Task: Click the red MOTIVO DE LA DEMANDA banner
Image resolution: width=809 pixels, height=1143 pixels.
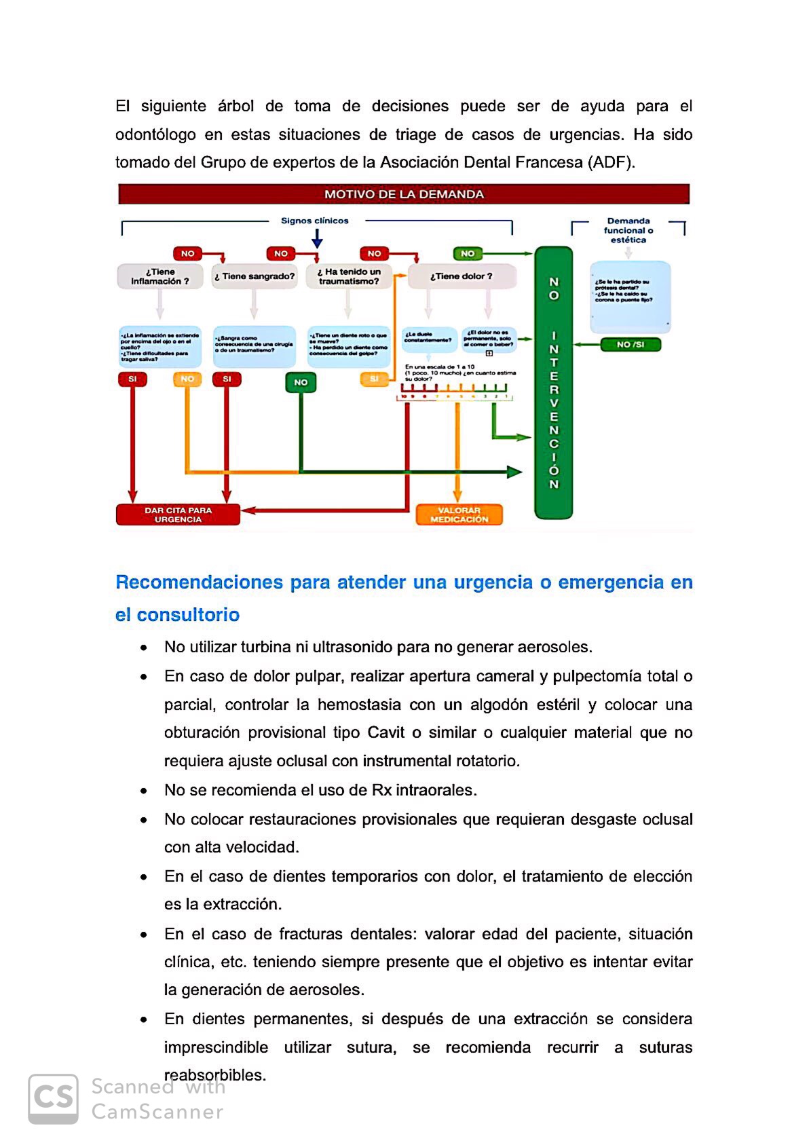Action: click(404, 194)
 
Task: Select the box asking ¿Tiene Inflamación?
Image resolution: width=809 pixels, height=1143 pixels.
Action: click(159, 276)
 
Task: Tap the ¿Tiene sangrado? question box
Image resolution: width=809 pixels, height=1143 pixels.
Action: click(255, 276)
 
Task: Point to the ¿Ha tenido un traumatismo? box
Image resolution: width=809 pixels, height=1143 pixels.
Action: click(349, 276)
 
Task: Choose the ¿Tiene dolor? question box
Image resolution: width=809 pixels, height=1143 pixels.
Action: click(462, 276)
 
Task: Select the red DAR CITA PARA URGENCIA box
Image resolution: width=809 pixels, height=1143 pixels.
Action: click(178, 514)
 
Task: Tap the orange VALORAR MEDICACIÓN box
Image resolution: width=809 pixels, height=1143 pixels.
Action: click(459, 514)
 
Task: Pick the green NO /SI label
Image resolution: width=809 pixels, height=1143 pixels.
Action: click(631, 345)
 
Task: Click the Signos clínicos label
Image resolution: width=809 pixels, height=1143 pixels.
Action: click(315, 221)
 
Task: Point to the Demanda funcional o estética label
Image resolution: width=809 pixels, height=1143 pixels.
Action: click(628, 230)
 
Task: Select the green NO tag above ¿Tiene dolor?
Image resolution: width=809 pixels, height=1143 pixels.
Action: click(468, 254)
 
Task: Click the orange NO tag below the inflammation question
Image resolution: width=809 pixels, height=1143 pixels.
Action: click(187, 379)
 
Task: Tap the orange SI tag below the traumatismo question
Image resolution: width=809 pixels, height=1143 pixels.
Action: click(374, 379)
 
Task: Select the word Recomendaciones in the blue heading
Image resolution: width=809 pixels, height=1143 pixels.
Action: click(199, 582)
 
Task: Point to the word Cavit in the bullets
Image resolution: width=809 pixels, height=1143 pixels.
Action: click(385, 733)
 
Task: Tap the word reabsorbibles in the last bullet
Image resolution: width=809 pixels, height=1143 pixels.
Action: click(215, 1076)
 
